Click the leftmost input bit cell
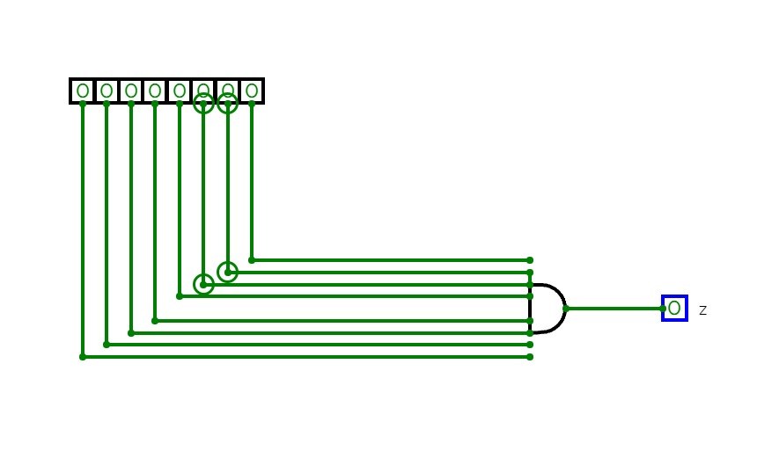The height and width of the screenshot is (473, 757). pyautogui.click(x=83, y=91)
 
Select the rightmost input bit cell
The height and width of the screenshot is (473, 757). pyautogui.click(x=252, y=91)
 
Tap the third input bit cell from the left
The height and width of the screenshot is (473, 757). pyautogui.click(x=131, y=91)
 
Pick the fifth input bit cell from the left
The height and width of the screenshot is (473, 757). pyautogui.click(x=180, y=91)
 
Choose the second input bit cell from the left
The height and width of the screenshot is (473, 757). pyautogui.click(x=107, y=91)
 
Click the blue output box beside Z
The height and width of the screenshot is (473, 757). pyautogui.click(x=674, y=309)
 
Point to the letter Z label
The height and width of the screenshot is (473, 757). pyautogui.click(x=702, y=310)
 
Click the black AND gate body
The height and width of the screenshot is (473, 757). pyautogui.click(x=546, y=309)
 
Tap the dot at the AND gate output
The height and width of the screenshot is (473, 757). pyautogui.click(x=566, y=309)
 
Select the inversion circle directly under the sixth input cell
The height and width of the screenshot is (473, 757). pyautogui.click(x=203, y=104)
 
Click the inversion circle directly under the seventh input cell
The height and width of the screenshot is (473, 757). pyautogui.click(x=227, y=104)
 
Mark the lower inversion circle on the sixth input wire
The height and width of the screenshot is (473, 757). pyautogui.click(x=203, y=284)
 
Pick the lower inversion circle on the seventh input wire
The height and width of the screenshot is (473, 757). pyautogui.click(x=227, y=273)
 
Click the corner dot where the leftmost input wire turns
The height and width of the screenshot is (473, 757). pyautogui.click(x=83, y=357)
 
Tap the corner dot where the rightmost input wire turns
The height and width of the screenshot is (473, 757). pyautogui.click(x=252, y=260)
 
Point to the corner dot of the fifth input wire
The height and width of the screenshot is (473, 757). pyautogui.click(x=180, y=296)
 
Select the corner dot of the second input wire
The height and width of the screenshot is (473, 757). pyautogui.click(x=107, y=345)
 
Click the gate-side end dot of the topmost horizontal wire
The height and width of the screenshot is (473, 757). pyautogui.click(x=530, y=260)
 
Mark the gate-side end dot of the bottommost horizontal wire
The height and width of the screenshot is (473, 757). pyautogui.click(x=530, y=357)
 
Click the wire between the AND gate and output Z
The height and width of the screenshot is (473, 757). pyautogui.click(x=616, y=309)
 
